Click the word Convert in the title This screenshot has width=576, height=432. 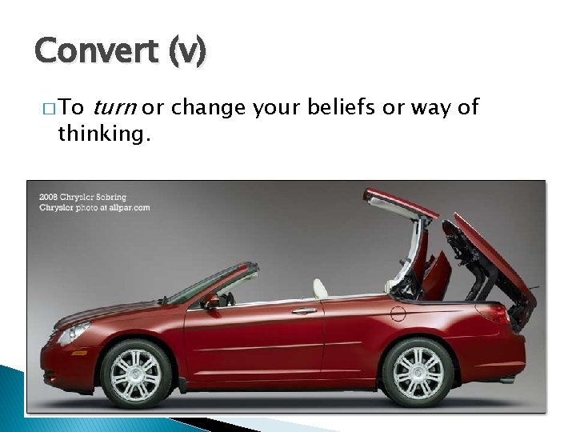click(x=96, y=51)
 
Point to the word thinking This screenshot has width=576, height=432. click(x=103, y=134)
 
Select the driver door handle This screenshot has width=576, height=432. click(x=304, y=310)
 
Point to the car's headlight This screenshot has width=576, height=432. click(x=74, y=332)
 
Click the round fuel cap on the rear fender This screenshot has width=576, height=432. click(x=398, y=314)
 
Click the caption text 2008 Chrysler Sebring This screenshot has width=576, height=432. click(x=83, y=197)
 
